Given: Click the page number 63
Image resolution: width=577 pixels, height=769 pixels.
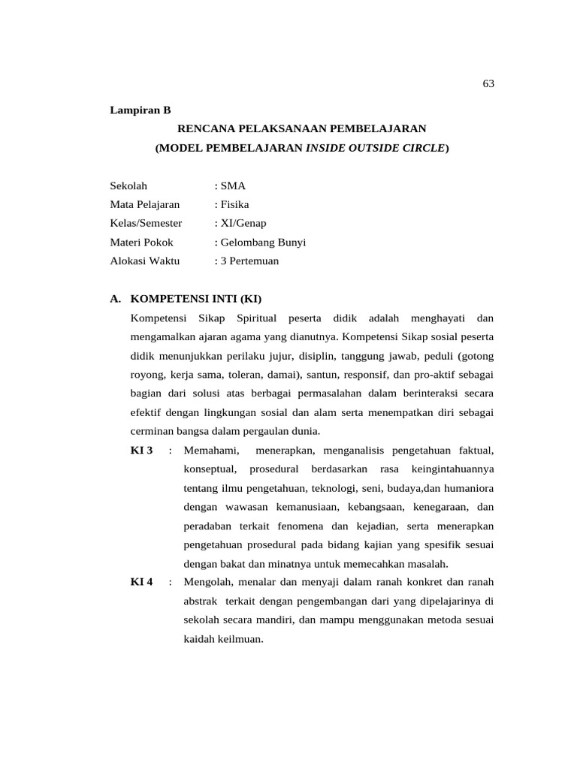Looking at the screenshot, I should click(488, 83).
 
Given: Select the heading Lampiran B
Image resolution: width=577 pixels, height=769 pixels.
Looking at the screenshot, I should click(140, 110).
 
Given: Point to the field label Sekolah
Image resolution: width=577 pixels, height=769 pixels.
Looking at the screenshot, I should click(129, 185).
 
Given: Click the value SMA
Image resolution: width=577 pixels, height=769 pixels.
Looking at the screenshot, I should click(232, 185).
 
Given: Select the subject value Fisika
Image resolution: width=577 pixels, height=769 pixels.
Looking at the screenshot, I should click(234, 204).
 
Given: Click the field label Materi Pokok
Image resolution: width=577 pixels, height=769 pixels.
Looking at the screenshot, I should click(141, 242).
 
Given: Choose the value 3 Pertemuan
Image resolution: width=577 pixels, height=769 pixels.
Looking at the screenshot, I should click(249, 261).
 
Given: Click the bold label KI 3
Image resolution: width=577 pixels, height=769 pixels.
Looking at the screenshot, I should click(141, 450).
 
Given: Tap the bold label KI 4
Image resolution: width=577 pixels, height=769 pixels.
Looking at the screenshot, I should click(141, 582).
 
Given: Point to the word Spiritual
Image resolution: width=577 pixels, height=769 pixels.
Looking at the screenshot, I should click(257, 318).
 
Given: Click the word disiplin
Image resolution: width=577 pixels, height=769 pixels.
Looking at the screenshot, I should click(317, 355).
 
